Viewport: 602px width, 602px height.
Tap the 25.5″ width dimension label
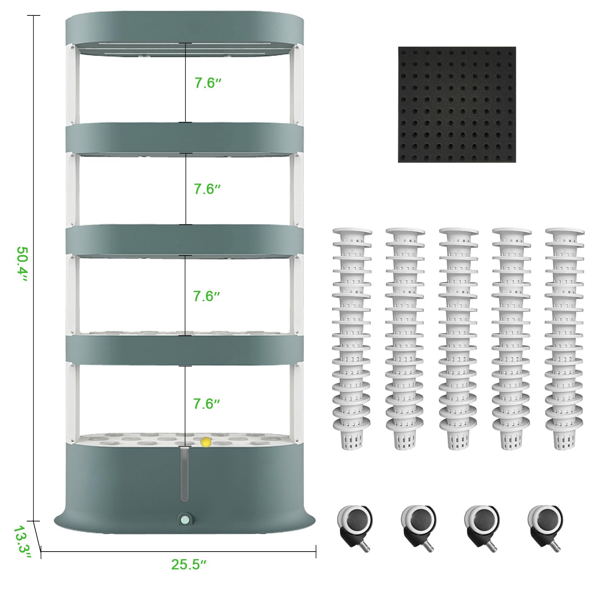(189, 564)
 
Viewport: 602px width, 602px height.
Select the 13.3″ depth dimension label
(22, 542)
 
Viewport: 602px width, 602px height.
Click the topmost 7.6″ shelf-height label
(207, 83)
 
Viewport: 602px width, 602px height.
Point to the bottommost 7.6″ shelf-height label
(206, 404)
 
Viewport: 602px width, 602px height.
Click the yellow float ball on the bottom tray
(205, 442)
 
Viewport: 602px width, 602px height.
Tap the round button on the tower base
(185, 520)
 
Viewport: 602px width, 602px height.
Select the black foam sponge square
(457, 105)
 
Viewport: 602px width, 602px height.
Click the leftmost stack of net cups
(352, 339)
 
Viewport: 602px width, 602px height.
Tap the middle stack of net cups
(459, 339)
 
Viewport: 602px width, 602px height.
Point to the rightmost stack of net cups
(565, 339)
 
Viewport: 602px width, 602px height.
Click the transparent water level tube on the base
(184, 474)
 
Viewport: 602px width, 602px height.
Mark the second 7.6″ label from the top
(207, 189)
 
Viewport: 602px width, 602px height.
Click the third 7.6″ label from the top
(206, 296)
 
